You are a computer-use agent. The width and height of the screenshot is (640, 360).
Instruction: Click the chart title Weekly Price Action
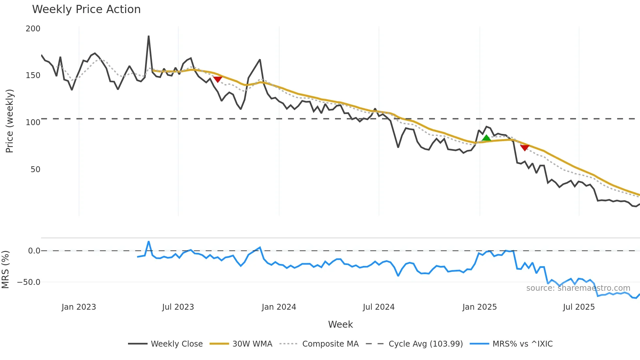coord(86,9)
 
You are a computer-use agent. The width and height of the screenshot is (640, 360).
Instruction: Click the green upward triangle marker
coord(486,138)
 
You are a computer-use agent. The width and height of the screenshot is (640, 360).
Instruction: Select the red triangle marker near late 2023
coord(217,79)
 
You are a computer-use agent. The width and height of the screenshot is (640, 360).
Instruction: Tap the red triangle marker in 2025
coord(524,148)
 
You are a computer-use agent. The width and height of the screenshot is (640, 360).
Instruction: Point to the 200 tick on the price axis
coord(33,29)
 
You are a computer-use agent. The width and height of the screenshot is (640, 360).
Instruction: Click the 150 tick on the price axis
coord(33,75)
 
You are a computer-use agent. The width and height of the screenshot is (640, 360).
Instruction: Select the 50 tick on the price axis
coord(35,170)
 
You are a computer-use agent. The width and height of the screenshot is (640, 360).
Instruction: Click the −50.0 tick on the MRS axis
coord(29,282)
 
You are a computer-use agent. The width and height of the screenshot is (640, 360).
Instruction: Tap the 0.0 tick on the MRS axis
coord(34,251)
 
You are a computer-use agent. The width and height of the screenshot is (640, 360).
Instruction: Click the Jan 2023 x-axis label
coord(79,307)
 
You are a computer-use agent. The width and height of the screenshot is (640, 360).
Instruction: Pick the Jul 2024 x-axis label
coord(378,307)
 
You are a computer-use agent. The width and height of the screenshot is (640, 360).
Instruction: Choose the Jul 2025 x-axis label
coord(579,307)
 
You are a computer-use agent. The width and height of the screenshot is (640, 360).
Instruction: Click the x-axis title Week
coord(340,324)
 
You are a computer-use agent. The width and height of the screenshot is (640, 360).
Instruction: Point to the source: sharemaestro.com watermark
coord(578,288)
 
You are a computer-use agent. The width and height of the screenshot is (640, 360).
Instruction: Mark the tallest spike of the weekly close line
coord(149,36)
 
